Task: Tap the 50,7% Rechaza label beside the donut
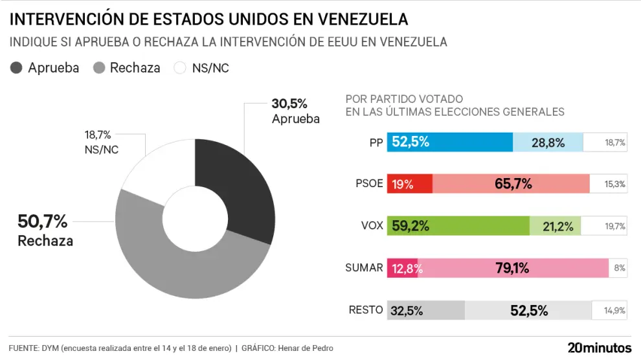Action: pyautogui.click(x=44, y=231)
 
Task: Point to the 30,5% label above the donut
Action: pyautogui.click(x=289, y=104)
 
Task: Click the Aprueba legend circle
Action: pyautogui.click(x=17, y=68)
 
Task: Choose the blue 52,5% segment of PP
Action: pyautogui.click(x=449, y=142)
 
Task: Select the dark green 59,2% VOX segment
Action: pyautogui.click(x=458, y=226)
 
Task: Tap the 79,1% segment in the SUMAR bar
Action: pyautogui.click(x=513, y=267)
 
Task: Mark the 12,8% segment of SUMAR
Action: pyautogui.click(x=402, y=267)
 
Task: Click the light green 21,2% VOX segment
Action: pyautogui.click(x=555, y=226)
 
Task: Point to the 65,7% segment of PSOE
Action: pyautogui.click(x=511, y=184)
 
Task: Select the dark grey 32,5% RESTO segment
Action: pyautogui.click(x=425, y=310)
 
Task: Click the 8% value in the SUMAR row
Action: pyautogui.click(x=618, y=267)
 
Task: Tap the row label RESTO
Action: pyautogui.click(x=366, y=309)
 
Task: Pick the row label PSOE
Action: pyautogui.click(x=370, y=184)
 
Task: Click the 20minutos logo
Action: pyautogui.click(x=599, y=348)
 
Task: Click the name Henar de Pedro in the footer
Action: pyautogui.click(x=306, y=348)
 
